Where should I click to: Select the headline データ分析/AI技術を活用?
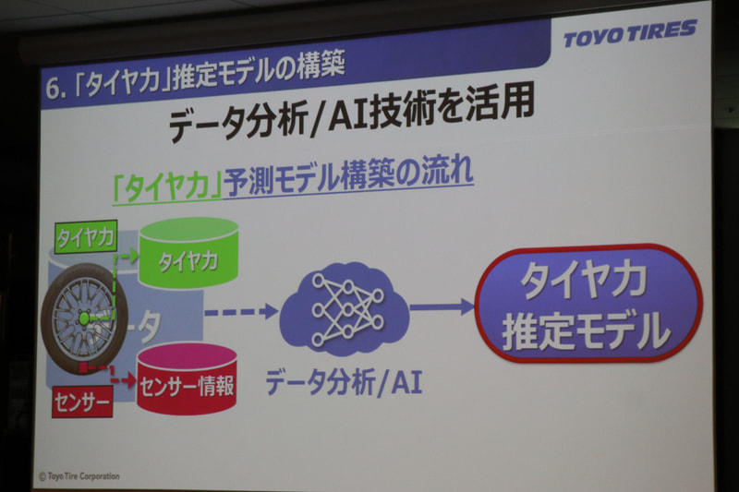351,118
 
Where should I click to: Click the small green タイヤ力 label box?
85,237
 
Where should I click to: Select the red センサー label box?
81,402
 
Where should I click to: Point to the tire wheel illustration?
83,318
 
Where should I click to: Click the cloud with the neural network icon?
343,308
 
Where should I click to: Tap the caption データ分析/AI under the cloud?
343,381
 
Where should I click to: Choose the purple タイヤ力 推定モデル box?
588,302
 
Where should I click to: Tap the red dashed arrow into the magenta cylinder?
119,377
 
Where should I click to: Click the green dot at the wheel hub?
84,318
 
